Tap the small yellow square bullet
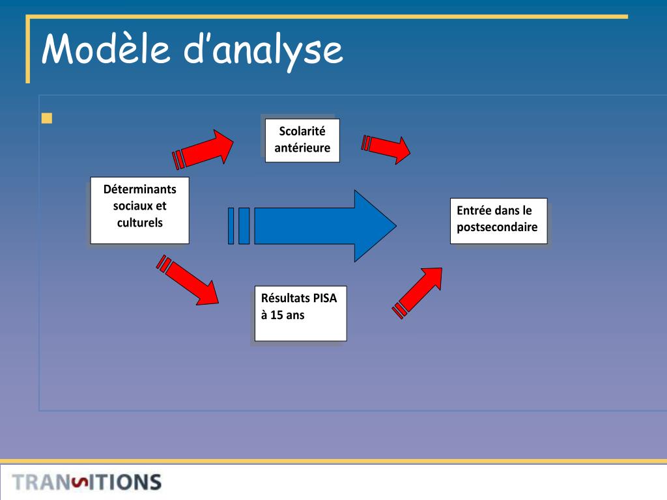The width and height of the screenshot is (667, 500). (46, 118)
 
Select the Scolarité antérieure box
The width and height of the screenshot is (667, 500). (302, 139)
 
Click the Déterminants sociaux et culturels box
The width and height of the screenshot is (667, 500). (139, 210)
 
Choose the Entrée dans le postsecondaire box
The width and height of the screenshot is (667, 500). (498, 221)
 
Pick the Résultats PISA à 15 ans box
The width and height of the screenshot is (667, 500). (300, 313)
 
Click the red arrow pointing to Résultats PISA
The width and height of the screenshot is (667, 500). (189, 281)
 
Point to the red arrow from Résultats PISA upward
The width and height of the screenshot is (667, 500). (419, 291)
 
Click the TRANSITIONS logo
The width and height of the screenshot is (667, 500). (87, 482)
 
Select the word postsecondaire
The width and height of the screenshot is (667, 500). (497, 227)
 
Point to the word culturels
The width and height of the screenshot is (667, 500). (139, 223)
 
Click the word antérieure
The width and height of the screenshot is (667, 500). (302, 148)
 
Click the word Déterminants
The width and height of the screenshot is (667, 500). (139, 189)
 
